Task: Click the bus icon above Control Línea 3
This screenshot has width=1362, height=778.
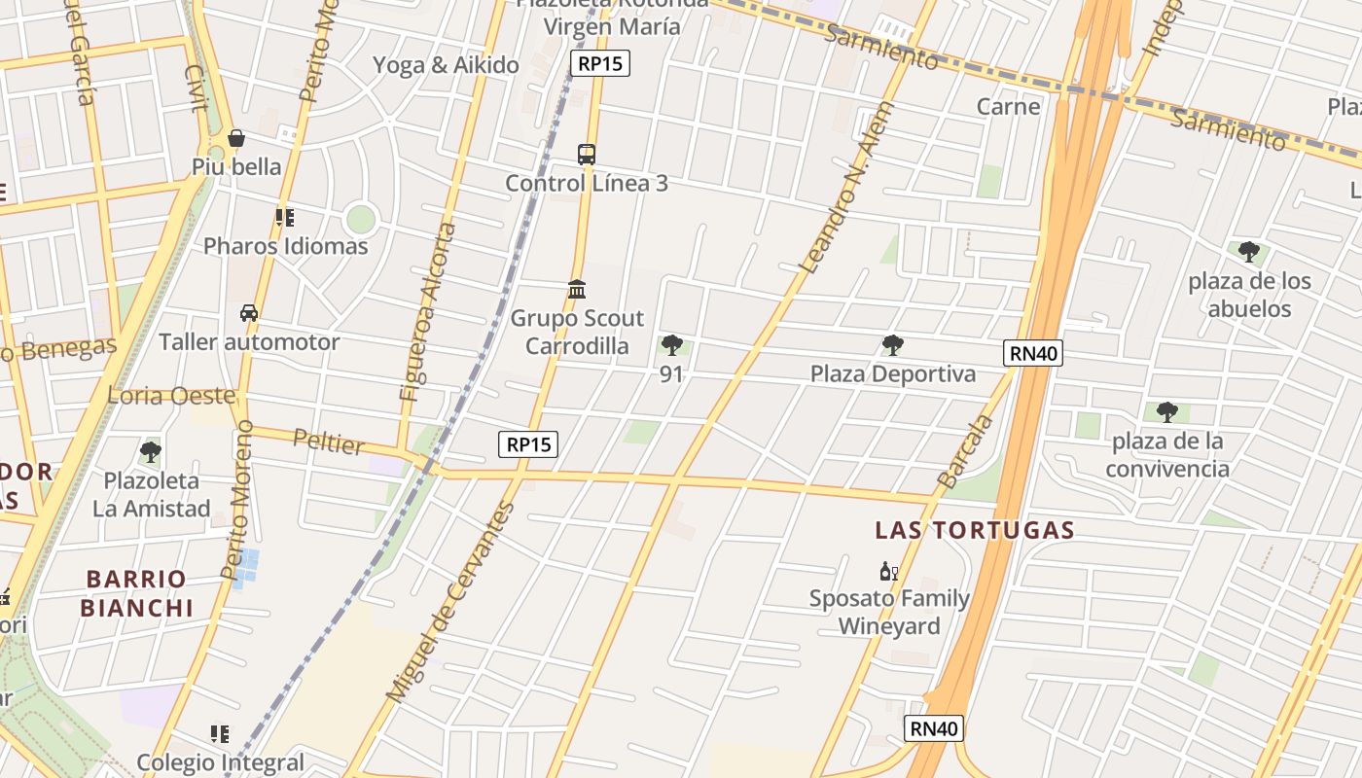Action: pyautogui.click(x=586, y=154)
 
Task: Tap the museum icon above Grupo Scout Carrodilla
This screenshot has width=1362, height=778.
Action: pyautogui.click(x=577, y=289)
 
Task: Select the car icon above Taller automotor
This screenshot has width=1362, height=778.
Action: pyautogui.click(x=249, y=313)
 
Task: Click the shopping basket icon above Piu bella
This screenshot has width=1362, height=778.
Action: pyautogui.click(x=235, y=138)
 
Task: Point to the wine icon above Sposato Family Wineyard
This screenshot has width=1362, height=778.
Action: pyautogui.click(x=888, y=571)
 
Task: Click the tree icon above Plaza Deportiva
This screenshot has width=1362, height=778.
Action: pyautogui.click(x=892, y=345)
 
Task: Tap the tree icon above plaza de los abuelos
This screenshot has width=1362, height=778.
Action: pyautogui.click(x=1248, y=253)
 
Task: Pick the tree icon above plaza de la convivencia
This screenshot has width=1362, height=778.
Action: pyautogui.click(x=1166, y=412)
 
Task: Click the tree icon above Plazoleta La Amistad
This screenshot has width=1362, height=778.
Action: pyautogui.click(x=150, y=451)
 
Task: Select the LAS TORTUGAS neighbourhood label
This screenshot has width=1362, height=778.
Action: pyautogui.click(x=974, y=530)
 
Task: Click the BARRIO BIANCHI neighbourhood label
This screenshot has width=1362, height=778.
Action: pyautogui.click(x=136, y=593)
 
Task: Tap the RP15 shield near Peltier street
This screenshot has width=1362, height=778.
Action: pyautogui.click(x=529, y=444)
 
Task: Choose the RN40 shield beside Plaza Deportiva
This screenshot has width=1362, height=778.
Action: pyautogui.click(x=1033, y=353)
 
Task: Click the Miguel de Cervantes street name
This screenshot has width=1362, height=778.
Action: pyautogui.click(x=449, y=603)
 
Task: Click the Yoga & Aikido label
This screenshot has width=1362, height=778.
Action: pyautogui.click(x=446, y=65)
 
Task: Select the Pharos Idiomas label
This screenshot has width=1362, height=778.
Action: pyautogui.click(x=285, y=246)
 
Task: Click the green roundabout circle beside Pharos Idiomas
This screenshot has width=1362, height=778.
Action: pyautogui.click(x=360, y=219)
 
